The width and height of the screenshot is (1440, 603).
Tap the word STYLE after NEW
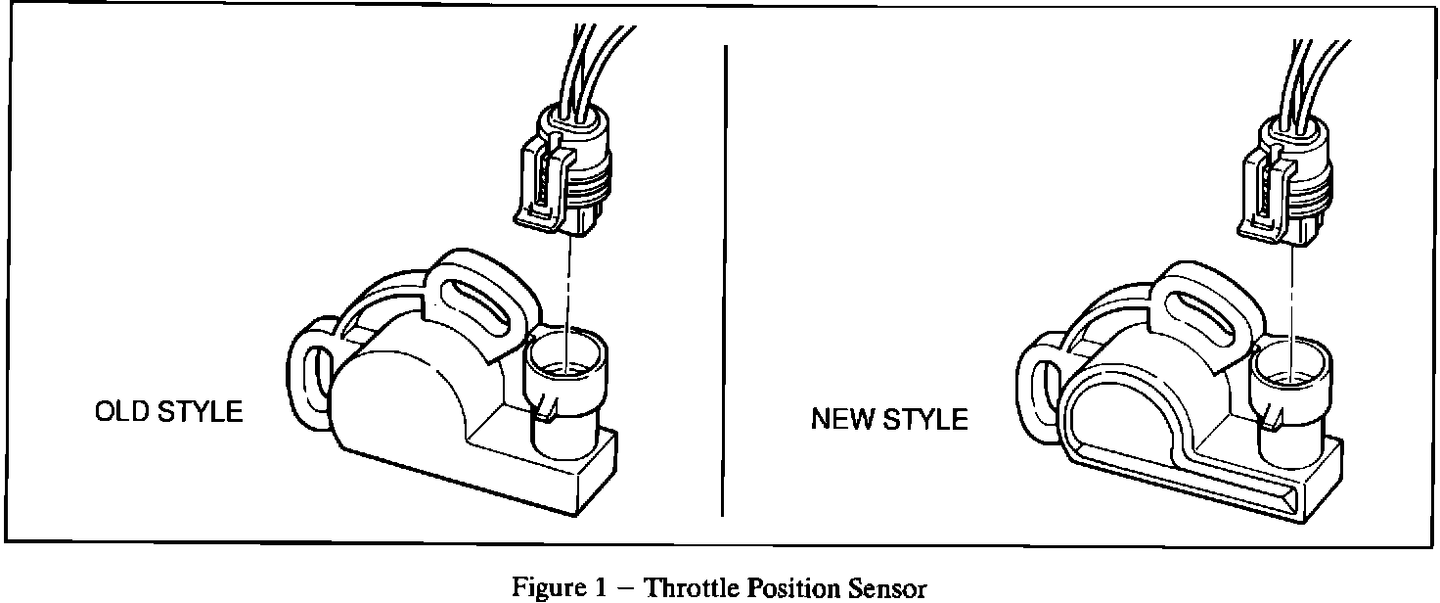(x=925, y=420)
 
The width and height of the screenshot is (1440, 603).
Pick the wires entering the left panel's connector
(x=589, y=64)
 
